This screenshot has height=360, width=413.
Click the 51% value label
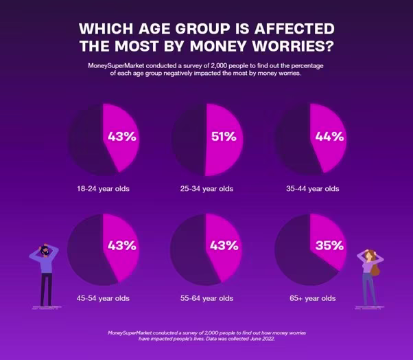coord(224,137)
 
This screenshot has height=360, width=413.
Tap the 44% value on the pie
coord(329,137)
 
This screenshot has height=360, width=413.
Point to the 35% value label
coord(329,246)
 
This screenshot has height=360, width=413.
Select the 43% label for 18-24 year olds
coord(122,137)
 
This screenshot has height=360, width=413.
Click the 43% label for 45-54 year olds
coord(122,246)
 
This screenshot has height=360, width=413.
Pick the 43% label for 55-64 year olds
coord(224,246)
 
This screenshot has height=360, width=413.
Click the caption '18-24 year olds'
coord(103,188)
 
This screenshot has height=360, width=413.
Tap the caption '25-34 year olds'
coord(206,188)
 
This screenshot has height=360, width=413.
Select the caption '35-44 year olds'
coord(312,188)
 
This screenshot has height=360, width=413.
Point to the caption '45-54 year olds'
coord(103,298)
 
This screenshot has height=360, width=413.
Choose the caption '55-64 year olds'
coord(206,298)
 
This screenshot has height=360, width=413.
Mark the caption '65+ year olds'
coord(312,298)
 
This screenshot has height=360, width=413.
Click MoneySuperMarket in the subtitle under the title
coord(119,65)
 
